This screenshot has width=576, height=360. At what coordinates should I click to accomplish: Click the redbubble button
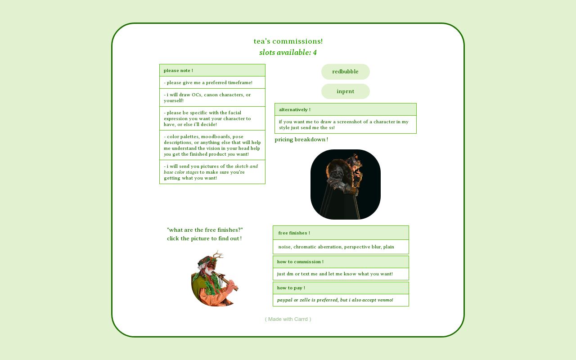coord(345,72)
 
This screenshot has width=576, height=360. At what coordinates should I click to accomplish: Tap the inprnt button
coord(345,91)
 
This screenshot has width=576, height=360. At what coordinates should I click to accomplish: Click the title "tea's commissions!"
coord(288,41)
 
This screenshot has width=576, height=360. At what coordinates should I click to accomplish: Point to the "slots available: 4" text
coord(288,53)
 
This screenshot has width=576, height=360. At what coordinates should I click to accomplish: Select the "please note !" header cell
coord(212,71)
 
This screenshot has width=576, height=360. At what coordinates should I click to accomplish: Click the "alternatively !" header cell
coord(345,110)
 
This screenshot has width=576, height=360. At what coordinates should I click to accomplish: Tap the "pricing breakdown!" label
coord(301,139)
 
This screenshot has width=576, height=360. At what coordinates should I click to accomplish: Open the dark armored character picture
coord(345,184)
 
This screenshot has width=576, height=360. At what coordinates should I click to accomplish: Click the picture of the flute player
coord(215,281)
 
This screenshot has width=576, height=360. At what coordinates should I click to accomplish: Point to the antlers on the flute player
coord(217,257)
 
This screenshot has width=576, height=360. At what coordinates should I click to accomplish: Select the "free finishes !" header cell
coord(340,233)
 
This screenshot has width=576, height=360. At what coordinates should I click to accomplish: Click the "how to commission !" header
coord(340,262)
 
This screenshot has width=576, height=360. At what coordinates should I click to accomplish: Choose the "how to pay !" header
coord(340,288)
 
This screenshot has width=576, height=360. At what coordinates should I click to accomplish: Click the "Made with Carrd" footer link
coord(288,319)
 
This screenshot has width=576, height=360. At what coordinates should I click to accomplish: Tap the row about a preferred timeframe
coord(212,83)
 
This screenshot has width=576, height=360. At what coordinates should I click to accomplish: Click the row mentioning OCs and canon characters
coord(212,98)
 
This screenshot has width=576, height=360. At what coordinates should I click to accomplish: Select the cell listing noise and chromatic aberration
coord(340,247)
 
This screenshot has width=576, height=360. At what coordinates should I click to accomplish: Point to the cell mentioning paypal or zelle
coord(340,300)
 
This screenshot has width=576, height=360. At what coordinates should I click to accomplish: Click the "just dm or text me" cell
coord(340,274)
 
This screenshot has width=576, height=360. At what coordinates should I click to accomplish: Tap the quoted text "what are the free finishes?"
coord(205,230)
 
